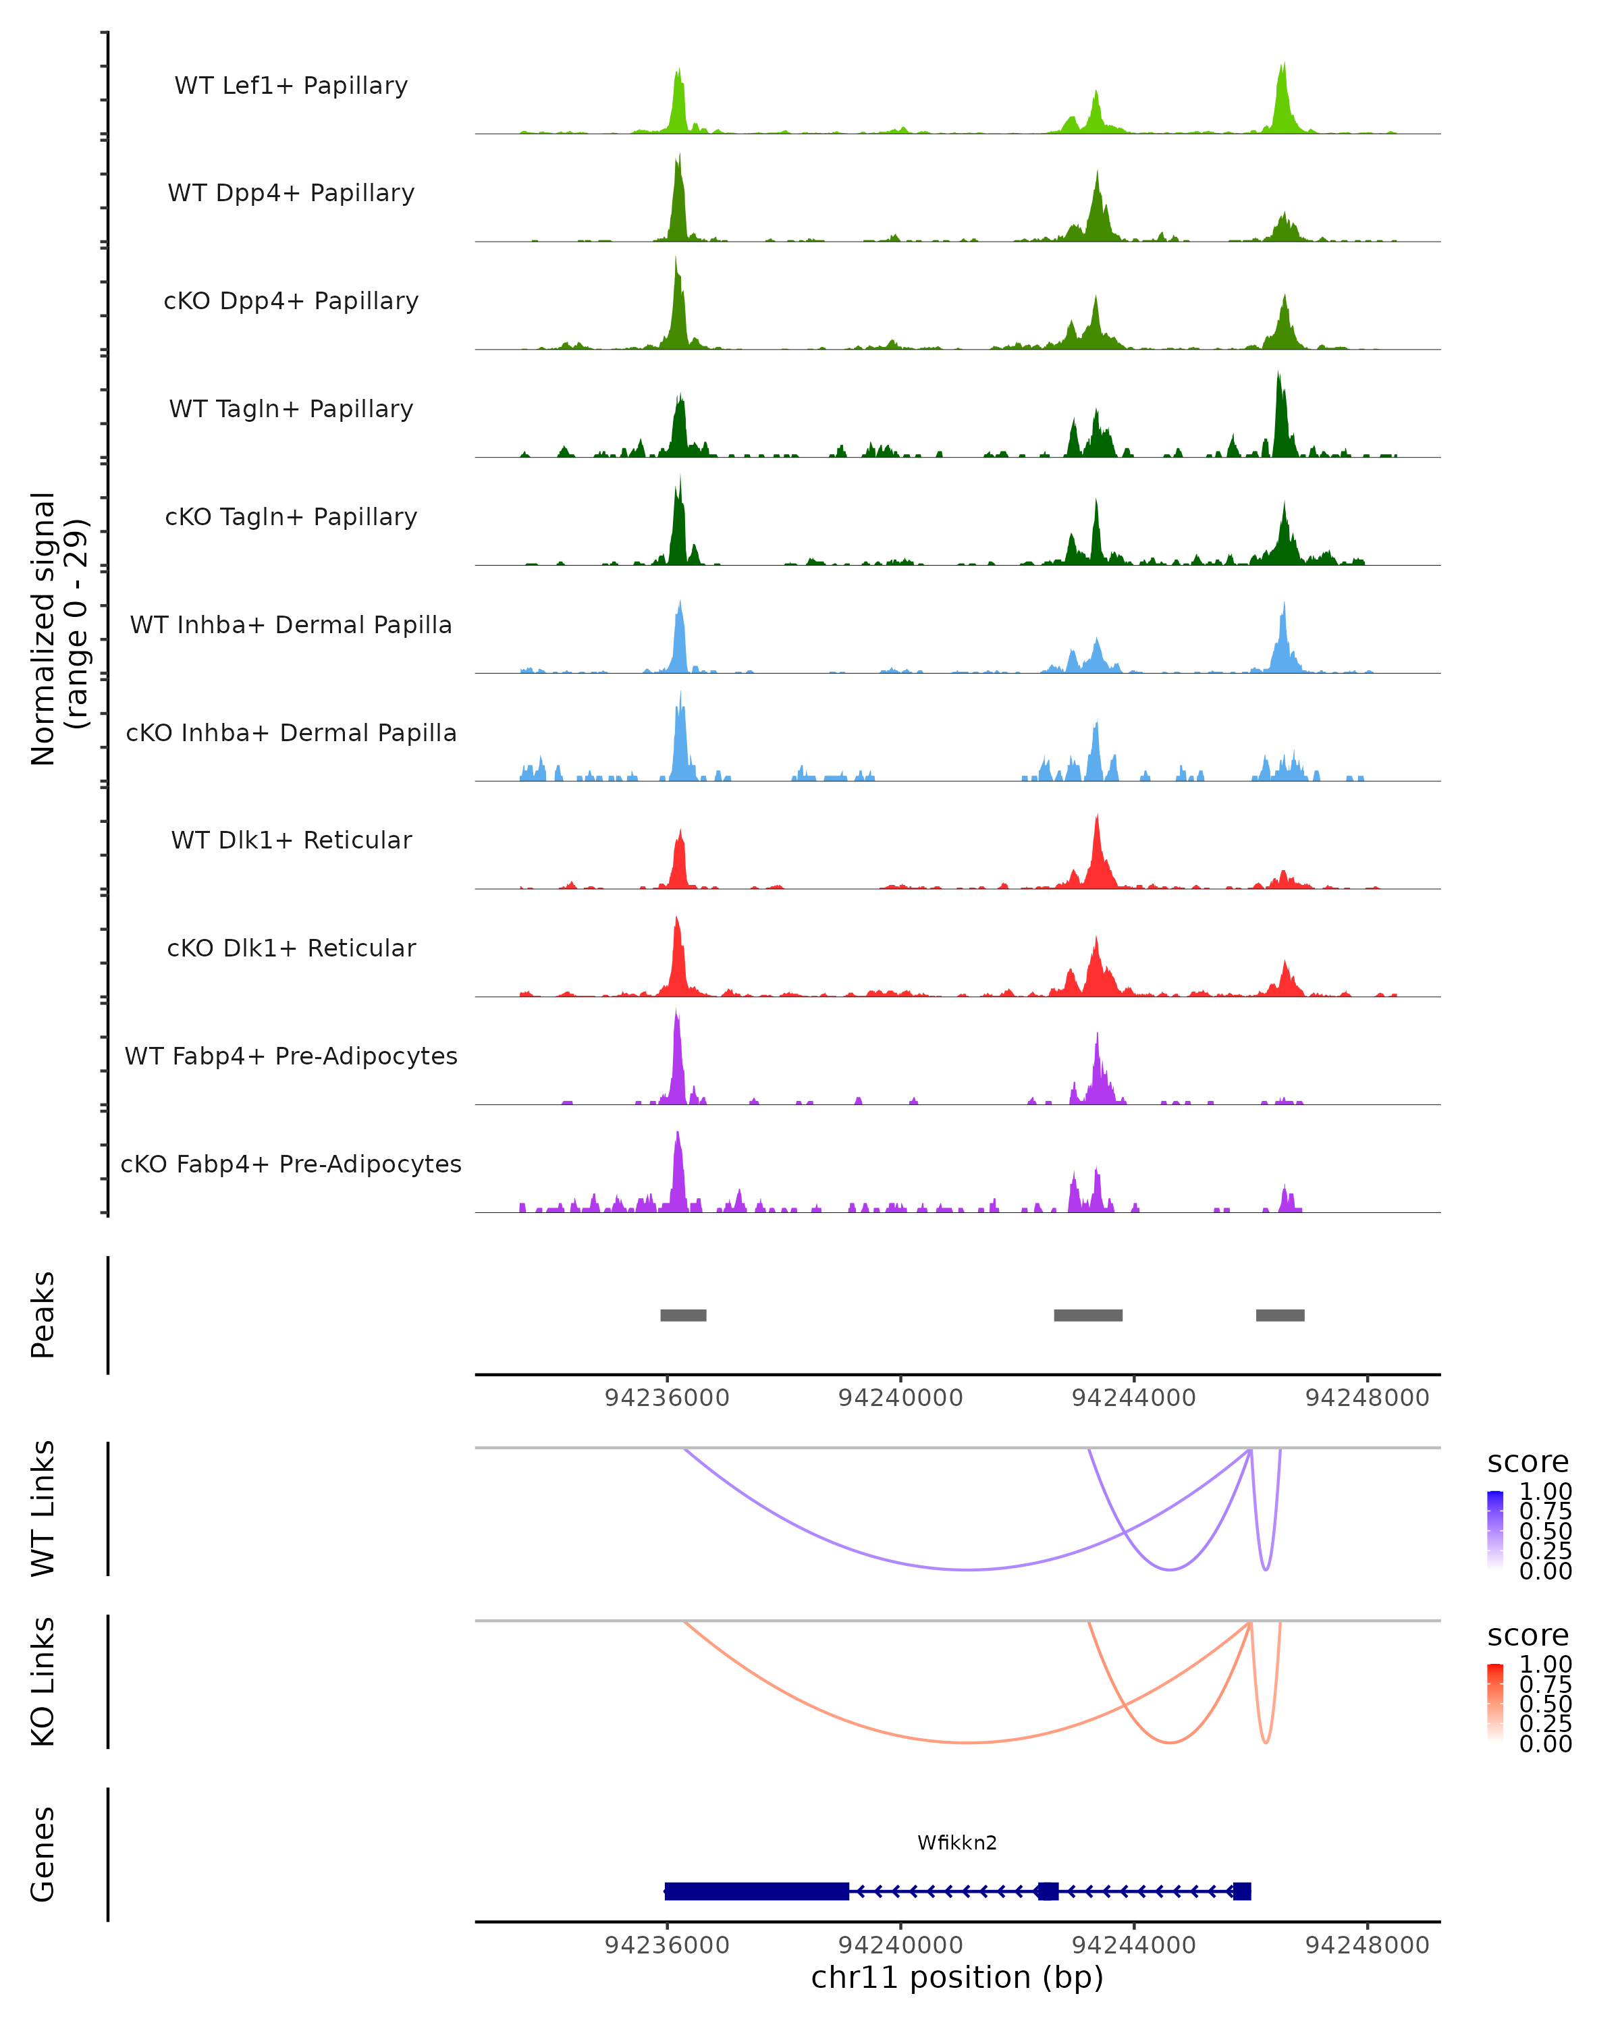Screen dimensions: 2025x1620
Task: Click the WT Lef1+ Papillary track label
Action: pos(291,86)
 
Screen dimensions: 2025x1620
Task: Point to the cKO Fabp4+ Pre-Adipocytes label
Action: pos(291,1164)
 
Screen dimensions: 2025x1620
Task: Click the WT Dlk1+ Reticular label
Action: pos(291,840)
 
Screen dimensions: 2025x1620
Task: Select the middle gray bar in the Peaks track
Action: pos(1087,1315)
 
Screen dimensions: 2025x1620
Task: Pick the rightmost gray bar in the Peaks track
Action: pos(1279,1315)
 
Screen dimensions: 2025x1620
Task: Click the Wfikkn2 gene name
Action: pos(957,1843)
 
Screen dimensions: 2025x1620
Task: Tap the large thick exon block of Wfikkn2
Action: pos(756,1891)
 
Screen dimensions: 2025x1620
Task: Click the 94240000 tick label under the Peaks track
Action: pos(900,1398)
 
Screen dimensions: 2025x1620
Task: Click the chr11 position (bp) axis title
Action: pos(957,1977)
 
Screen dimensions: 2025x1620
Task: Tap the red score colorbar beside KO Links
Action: pos(1495,1703)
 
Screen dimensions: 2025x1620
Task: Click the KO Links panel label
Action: pos(43,1681)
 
